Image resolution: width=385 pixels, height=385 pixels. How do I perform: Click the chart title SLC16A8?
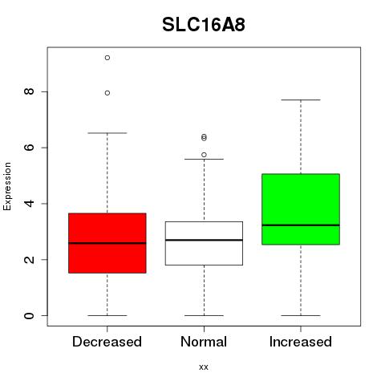[204, 25]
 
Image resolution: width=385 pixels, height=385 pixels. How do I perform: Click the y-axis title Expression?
[7, 186]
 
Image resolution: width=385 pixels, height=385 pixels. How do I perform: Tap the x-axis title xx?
[204, 367]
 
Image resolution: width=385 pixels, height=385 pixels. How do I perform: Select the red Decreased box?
[107, 243]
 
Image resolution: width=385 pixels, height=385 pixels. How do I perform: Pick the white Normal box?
[204, 243]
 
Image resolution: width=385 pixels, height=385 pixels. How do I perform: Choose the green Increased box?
[301, 209]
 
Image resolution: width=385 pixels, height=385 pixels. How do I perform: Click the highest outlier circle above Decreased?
[107, 58]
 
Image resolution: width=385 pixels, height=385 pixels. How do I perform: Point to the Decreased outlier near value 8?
[107, 93]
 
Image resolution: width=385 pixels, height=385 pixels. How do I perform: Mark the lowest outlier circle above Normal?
[204, 155]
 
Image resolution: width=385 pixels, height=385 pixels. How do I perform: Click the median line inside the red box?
[107, 243]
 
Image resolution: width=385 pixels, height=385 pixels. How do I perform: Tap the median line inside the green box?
[301, 225]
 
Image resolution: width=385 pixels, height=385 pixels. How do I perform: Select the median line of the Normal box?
[204, 240]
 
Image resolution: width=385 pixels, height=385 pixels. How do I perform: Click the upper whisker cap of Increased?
[301, 99]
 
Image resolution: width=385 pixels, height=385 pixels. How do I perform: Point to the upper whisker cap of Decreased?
[107, 133]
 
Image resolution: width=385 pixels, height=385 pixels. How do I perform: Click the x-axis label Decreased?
[107, 342]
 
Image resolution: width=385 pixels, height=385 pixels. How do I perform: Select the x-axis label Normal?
[204, 342]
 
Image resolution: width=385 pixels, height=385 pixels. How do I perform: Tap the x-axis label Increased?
[301, 342]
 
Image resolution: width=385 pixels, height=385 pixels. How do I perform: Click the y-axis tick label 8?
[29, 91]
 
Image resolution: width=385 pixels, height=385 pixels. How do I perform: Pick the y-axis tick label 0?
[29, 315]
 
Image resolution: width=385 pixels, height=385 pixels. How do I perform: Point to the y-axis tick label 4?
[29, 204]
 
